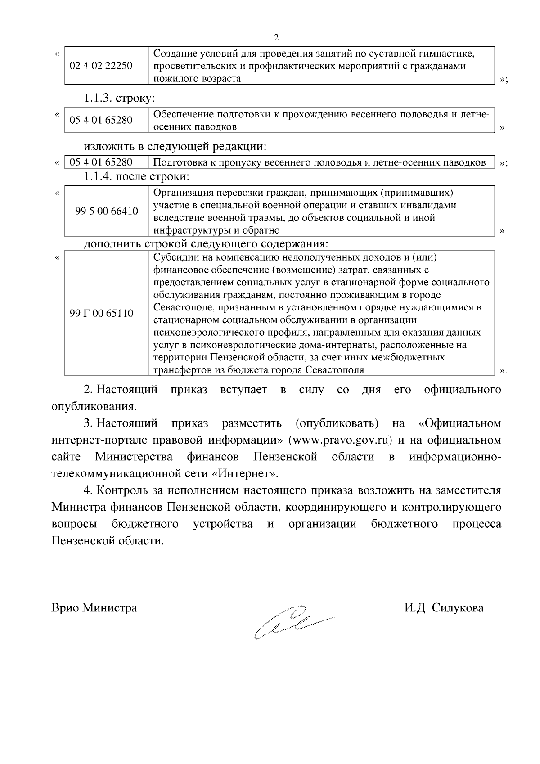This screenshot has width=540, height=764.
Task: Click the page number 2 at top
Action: [277, 37]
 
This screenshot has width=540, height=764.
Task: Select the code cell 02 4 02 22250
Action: [101, 66]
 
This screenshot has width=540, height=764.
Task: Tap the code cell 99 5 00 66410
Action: [107, 211]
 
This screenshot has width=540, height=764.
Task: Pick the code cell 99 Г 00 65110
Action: [102, 313]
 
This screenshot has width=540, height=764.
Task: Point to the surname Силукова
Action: [458, 608]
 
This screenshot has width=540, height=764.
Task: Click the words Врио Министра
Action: [94, 608]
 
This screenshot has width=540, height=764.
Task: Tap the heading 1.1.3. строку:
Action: [120, 98]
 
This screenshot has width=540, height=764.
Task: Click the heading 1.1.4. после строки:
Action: [137, 176]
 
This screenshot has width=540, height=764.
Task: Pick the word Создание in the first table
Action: [172, 54]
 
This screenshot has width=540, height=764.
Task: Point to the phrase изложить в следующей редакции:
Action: [175, 146]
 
